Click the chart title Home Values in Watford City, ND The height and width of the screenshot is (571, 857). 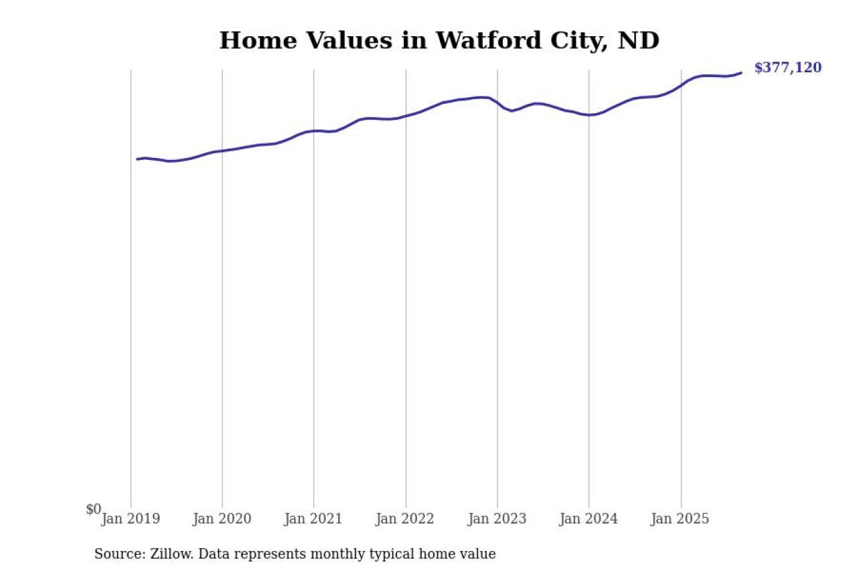coord(439,41)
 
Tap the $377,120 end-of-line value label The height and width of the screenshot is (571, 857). coord(787,68)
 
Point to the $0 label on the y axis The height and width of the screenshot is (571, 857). coord(93,509)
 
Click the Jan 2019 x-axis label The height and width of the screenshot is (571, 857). coord(131,519)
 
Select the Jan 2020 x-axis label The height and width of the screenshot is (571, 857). coord(222,519)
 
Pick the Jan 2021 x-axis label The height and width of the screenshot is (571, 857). coord(313,519)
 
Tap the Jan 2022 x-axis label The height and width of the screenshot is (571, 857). coord(405,519)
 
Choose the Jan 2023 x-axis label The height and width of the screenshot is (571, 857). coord(497,519)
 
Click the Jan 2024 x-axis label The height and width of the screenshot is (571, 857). coord(589,519)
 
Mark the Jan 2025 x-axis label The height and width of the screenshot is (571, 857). coord(680,519)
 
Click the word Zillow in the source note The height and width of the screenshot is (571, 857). coord(172,554)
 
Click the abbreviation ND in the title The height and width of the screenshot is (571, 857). coord(638,41)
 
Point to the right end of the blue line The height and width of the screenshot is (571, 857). coord(741,72)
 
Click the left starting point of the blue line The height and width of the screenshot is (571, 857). coord(137,159)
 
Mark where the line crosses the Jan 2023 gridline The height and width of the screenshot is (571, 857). coord(497,102)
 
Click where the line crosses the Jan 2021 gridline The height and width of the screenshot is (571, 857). coord(314,131)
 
